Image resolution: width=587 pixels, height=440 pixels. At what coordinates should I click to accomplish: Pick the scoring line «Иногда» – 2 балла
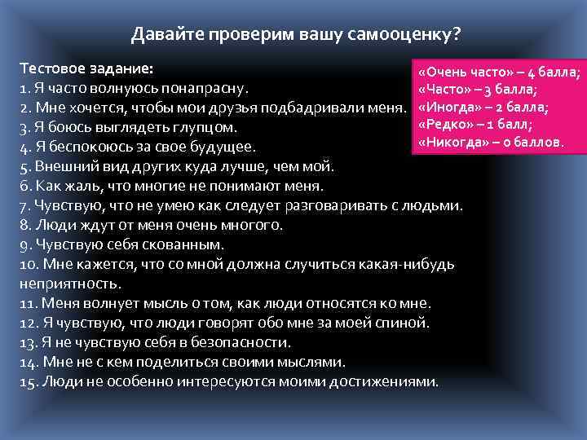click(x=482, y=107)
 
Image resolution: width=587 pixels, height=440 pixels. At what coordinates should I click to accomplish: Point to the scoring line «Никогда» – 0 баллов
click(x=489, y=142)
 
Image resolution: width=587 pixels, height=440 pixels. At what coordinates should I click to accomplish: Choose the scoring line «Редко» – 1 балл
click(x=474, y=124)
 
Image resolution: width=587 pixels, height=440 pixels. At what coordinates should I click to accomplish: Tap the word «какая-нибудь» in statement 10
click(x=412, y=264)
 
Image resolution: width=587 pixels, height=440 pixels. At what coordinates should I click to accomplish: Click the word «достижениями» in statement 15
click(x=387, y=381)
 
